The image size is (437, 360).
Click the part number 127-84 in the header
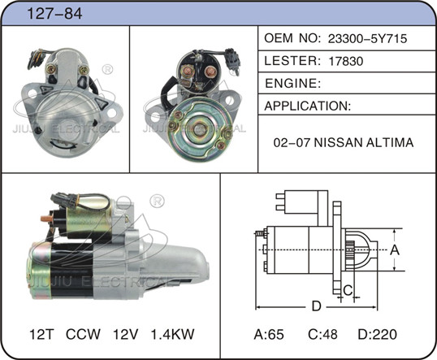tap(54, 13)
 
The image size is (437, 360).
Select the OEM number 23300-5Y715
tap(367, 38)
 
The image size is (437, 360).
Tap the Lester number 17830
tap(346, 61)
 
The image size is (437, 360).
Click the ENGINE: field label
tap(293, 83)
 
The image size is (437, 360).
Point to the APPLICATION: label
tap(307, 106)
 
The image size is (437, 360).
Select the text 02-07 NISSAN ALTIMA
tap(344, 142)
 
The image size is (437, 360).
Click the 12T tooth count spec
tap(41, 334)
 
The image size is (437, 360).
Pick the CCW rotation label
tap(83, 334)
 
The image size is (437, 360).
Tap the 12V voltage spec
tap(125, 334)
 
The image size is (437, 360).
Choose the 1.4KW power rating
tap(172, 334)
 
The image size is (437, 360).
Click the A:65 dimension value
tap(269, 334)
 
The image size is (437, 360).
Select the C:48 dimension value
tap(322, 334)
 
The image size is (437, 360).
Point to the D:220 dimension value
tap(378, 334)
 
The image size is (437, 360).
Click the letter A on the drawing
tap(395, 249)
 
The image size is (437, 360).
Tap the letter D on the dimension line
tap(316, 306)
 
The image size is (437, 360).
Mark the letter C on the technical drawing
tap(348, 290)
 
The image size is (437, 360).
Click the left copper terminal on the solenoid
tap(188, 70)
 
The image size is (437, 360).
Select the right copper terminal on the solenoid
tap(210, 72)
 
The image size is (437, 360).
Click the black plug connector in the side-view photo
tap(63, 201)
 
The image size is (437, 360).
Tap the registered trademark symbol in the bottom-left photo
tap(158, 201)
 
